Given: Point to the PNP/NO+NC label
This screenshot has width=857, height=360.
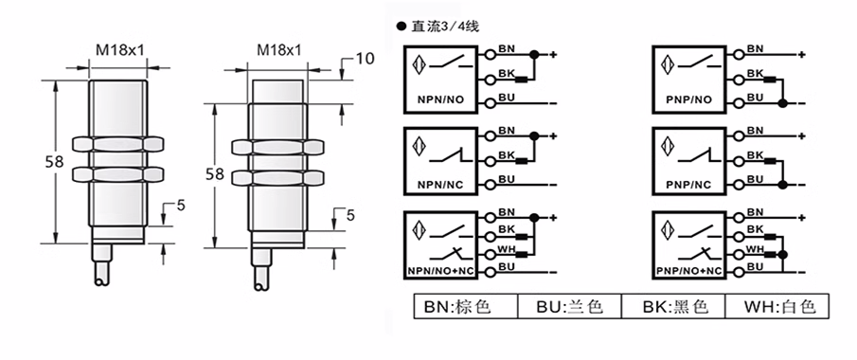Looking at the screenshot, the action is tap(687, 271).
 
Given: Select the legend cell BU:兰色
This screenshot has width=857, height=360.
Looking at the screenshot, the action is tap(569, 306).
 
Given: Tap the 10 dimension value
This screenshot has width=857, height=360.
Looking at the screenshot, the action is tap(366, 58).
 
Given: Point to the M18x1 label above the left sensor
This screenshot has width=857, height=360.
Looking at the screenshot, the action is tap(119, 50).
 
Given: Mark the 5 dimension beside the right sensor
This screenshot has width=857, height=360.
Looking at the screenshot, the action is tap(350, 215).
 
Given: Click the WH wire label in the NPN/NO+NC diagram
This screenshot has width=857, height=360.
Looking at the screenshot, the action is tap(506, 249).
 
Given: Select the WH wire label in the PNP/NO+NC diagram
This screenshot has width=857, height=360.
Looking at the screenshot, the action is tap(756, 249).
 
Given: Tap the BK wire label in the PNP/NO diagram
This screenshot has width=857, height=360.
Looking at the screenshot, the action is tap(755, 73).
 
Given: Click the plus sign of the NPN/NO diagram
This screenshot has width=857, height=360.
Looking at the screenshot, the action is tap(553, 54).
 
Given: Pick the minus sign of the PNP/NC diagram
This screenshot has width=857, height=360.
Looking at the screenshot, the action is tap(801, 185).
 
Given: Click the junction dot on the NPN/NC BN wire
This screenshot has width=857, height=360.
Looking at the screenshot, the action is tap(534, 135).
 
